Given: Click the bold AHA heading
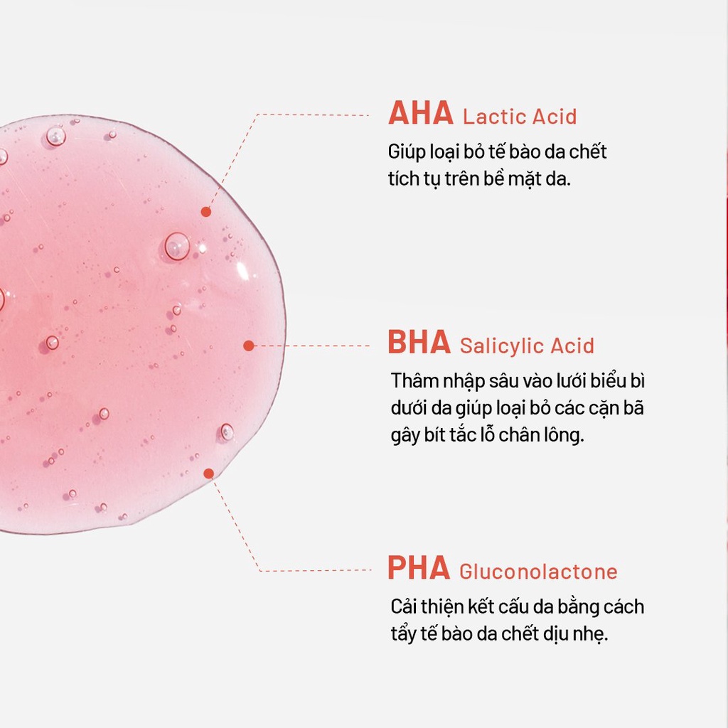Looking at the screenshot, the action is point(421,113).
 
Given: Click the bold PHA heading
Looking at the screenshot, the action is point(419,567).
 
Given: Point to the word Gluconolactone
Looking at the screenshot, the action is point(538,572).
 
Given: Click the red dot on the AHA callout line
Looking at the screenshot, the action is point(206,212).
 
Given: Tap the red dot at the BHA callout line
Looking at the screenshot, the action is point(249,346).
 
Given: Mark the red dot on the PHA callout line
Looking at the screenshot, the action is point(209,473).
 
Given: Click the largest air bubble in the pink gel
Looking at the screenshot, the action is point(177,246).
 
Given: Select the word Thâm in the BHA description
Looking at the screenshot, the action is point(414,381).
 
